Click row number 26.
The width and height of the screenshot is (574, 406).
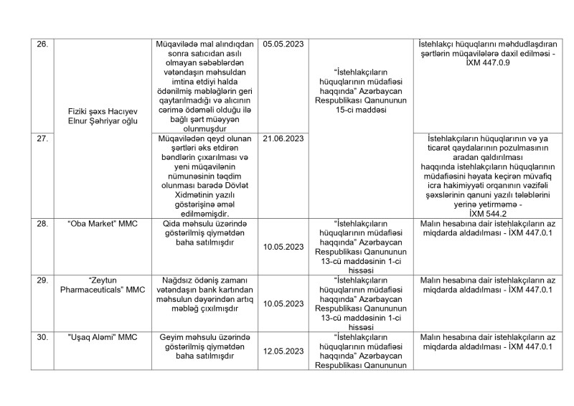42,44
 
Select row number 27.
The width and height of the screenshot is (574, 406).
42,137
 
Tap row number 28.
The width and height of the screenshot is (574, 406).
42,224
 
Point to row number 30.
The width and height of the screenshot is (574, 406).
42,335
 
